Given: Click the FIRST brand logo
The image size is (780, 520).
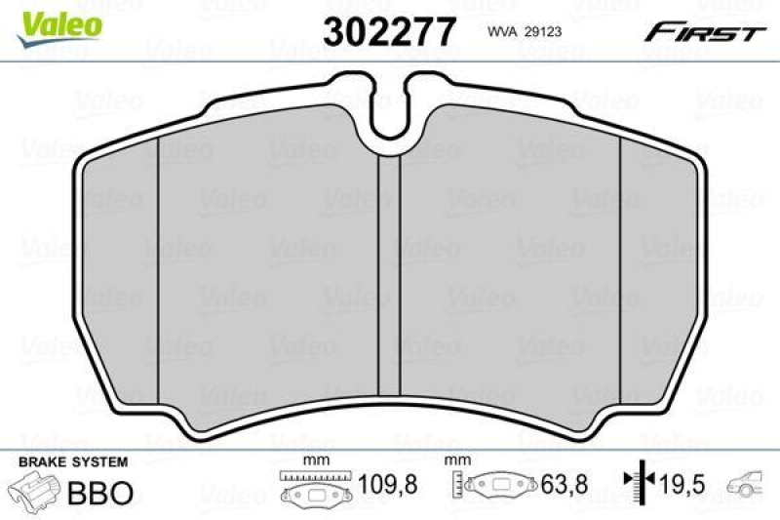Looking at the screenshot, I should [702, 32].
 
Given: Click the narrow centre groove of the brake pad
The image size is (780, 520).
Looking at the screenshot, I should [389, 273].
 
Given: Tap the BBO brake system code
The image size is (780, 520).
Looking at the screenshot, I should [99, 493].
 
